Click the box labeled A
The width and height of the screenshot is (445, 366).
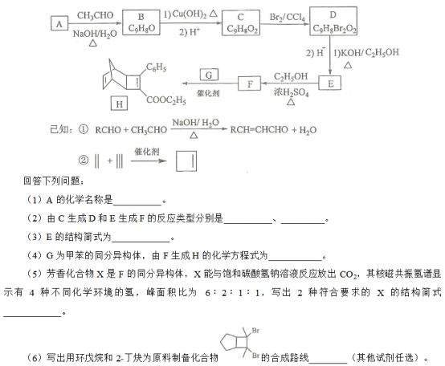point(59,23)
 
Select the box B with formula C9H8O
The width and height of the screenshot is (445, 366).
point(141,22)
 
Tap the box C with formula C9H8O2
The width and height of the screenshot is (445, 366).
point(241,22)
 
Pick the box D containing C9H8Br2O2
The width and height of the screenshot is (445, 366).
point(333,21)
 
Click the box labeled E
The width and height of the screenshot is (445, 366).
point(330,83)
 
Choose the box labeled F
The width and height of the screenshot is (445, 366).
point(249,83)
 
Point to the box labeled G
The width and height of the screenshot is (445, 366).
point(209,75)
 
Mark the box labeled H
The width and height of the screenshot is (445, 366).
point(119,104)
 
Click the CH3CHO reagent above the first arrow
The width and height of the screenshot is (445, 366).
point(96,15)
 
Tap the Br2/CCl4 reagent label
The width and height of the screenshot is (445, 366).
point(288,18)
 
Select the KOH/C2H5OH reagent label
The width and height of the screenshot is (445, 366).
point(366,52)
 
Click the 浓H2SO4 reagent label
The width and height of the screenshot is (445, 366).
point(292,92)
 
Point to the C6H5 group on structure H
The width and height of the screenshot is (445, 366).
point(156,67)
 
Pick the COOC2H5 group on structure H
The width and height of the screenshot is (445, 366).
point(166,100)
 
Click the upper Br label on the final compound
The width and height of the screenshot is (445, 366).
point(255,331)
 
